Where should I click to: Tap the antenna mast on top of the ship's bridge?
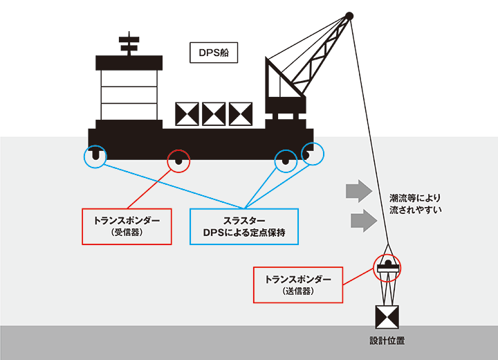129,46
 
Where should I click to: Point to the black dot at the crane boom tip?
349,15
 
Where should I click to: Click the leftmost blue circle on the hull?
95,157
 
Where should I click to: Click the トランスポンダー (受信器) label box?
127,226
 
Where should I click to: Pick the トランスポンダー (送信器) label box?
298,285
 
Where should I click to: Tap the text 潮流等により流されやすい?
415,202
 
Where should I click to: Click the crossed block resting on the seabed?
387,317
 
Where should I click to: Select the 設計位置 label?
387,341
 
